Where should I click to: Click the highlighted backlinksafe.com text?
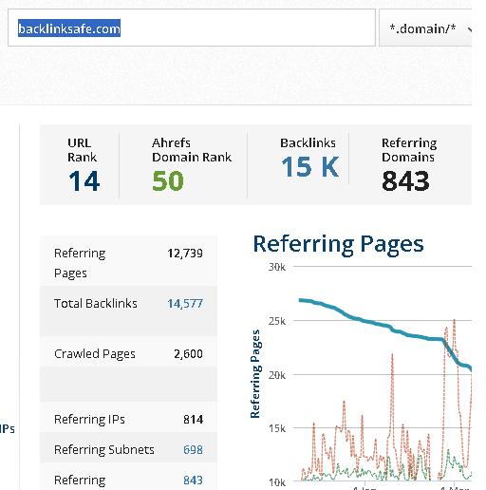point(69,28)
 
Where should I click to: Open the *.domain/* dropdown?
point(425,28)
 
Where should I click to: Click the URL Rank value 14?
point(84,181)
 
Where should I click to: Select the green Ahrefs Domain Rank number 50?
point(168,181)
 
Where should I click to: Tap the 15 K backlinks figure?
point(310,167)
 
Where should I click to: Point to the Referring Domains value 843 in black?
point(405,181)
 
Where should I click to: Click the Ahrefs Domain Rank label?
point(192,150)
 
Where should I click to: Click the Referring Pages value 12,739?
point(185,254)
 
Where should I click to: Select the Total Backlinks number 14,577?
point(185,304)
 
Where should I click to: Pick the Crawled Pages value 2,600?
point(188,353)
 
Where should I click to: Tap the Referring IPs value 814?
point(193,420)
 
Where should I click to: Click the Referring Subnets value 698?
point(193,449)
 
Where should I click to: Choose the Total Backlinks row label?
point(96,304)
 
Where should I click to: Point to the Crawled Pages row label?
point(95,354)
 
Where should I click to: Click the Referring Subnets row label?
point(104,450)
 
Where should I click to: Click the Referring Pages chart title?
point(338,244)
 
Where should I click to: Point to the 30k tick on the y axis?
point(277,267)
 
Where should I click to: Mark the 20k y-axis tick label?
point(277,375)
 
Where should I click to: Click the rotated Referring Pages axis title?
point(255,374)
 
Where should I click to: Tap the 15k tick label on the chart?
point(277,428)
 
